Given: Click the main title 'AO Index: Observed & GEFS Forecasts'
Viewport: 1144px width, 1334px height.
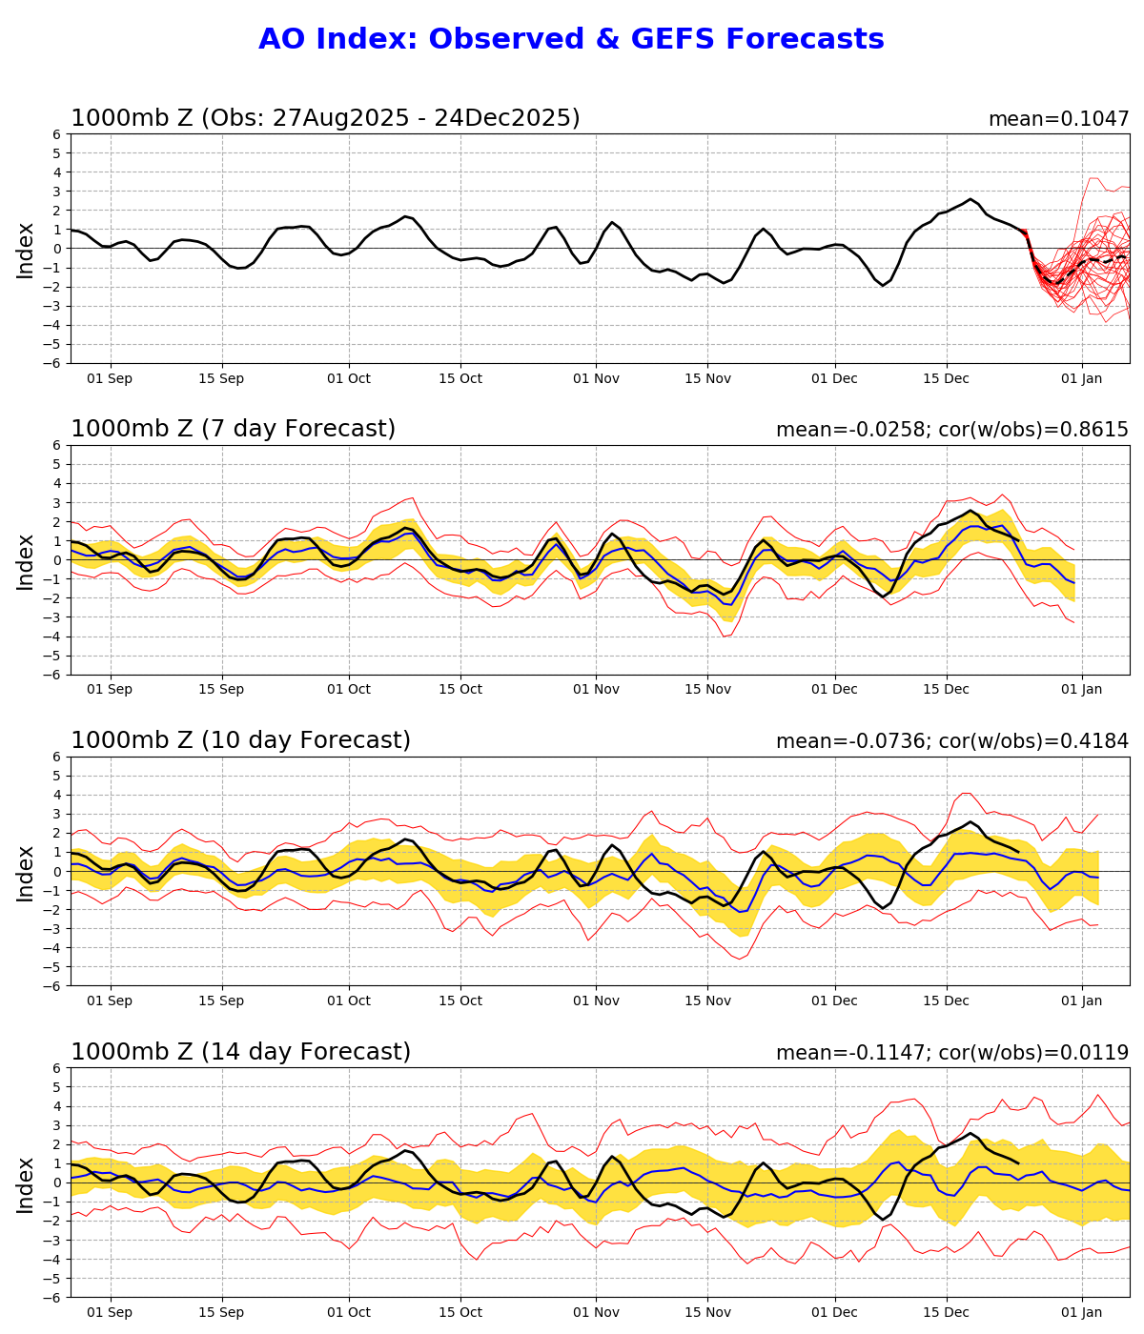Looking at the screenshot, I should click(571, 39).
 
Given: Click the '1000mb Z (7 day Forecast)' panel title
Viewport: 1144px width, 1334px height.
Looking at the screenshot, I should click(233, 429).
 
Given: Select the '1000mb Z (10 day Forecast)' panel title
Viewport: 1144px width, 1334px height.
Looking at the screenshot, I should click(240, 740).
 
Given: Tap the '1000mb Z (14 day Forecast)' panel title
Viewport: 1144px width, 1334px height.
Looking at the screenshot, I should click(240, 1052).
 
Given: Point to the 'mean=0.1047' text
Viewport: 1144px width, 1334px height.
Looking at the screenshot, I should click(1058, 119).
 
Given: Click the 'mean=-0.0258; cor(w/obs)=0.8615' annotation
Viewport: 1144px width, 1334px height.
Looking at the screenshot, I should click(951, 430).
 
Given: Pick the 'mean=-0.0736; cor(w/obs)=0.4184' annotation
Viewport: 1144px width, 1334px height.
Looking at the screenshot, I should click(951, 741).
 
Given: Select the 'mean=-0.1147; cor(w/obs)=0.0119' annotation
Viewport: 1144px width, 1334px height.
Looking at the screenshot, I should click(951, 1053).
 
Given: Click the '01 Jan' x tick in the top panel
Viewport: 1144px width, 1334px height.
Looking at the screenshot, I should click(1081, 378).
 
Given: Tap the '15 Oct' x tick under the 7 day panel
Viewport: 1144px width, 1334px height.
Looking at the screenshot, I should click(460, 690).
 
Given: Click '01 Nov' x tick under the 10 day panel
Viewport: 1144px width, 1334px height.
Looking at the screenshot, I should click(596, 1001).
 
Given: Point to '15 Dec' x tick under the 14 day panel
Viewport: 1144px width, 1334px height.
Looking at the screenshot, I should click(946, 1313).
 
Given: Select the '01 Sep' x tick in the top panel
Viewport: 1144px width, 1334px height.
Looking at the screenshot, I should click(111, 378).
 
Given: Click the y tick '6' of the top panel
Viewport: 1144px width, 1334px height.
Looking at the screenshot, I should click(58, 134).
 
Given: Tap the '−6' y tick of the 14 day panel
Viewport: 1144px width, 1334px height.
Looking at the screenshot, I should click(54, 1298).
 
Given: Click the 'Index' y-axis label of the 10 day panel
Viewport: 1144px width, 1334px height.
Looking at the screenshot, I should click(26, 872).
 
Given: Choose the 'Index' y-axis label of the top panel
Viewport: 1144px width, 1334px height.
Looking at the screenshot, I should click(26, 250).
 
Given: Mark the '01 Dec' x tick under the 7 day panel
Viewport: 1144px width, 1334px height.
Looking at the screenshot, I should click(834, 690).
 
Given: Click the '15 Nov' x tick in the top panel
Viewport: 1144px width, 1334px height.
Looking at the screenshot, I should click(707, 378).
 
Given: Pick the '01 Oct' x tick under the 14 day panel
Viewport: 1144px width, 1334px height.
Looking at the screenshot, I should click(348, 1313).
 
